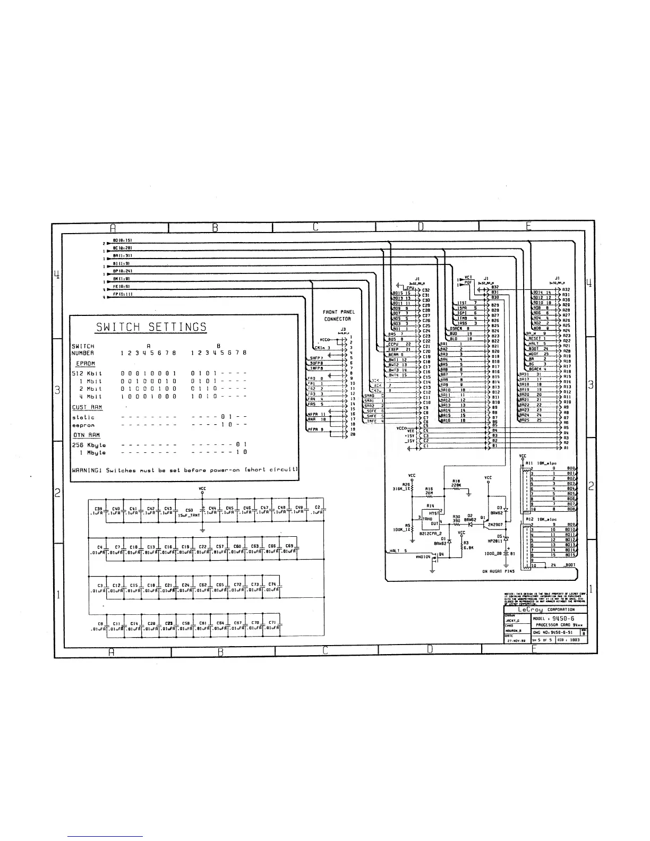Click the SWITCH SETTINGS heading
(x=151, y=327)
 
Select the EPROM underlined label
(x=85, y=364)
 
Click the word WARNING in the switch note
(x=88, y=470)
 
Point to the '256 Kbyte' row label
(x=89, y=445)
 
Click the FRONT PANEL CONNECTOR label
(x=339, y=315)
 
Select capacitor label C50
(x=189, y=511)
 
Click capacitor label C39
(x=98, y=508)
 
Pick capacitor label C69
(x=289, y=546)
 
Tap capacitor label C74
(x=272, y=584)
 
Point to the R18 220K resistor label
(x=456, y=483)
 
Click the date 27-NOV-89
(x=516, y=640)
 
